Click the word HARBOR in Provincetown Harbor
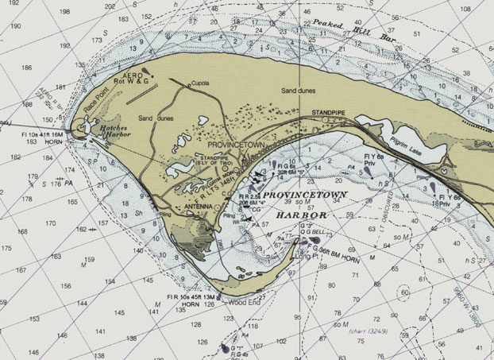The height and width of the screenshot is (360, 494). coord(302,215)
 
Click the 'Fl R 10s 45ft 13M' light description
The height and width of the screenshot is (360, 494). coord(188,297)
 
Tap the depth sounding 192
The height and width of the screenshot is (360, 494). coord(14,26)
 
